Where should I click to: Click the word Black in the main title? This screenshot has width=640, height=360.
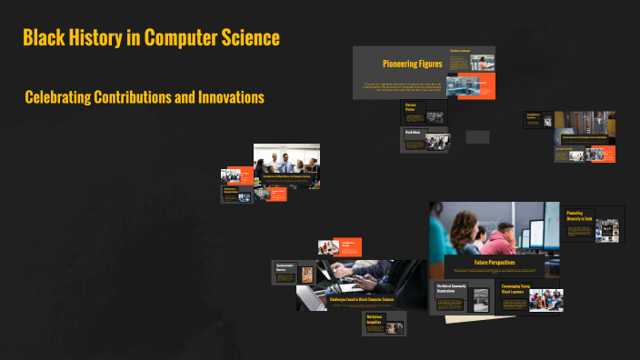tap(44, 38)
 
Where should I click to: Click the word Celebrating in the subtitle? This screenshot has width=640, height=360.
tap(58, 96)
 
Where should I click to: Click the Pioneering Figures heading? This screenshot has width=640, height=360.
tap(412, 65)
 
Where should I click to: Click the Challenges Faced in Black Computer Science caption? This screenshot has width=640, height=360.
tap(362, 298)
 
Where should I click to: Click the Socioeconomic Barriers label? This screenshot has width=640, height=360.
tap(284, 267)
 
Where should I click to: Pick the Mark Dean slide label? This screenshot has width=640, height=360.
tap(411, 133)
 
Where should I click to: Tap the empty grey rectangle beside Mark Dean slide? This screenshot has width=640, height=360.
tap(477, 136)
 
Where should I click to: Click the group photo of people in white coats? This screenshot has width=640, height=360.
tap(286, 165)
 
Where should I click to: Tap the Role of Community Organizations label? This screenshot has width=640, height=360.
tap(453, 289)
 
